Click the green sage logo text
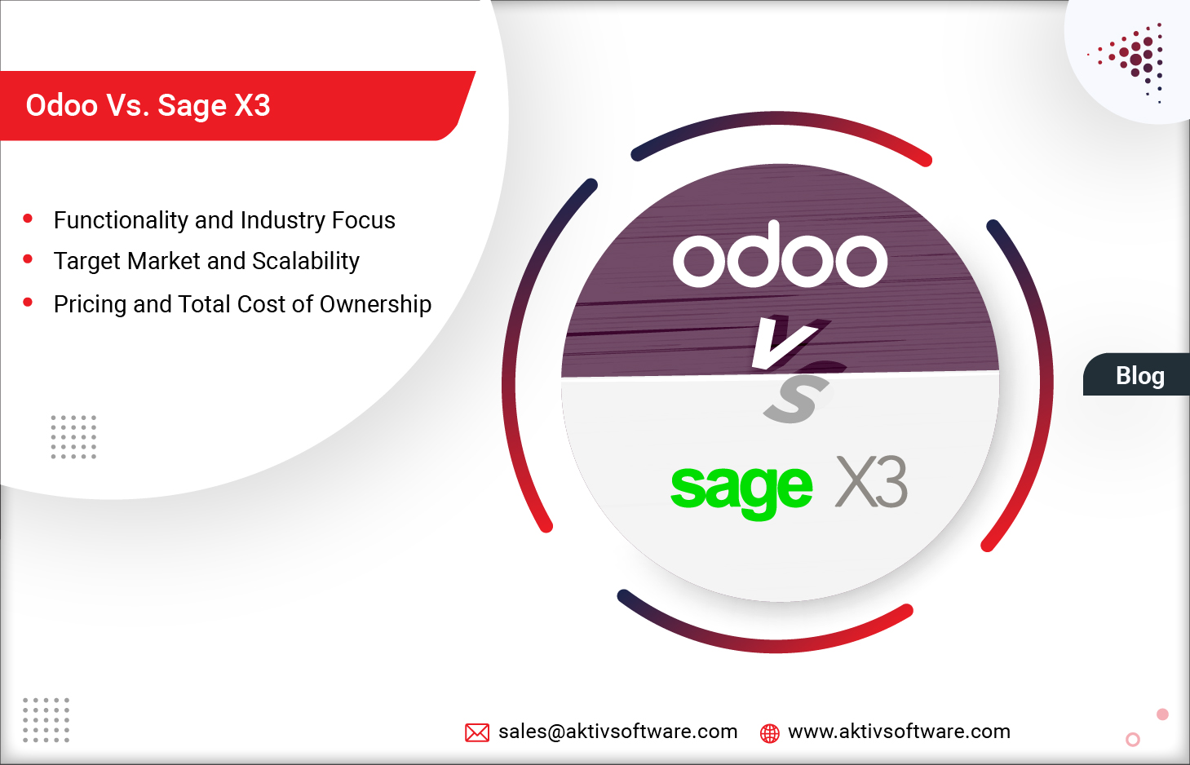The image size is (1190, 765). coord(741,487)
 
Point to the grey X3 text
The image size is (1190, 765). coord(871,482)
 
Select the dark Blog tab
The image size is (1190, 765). coord(1139,375)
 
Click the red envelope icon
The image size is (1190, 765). coord(477,732)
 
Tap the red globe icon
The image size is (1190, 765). coord(769,733)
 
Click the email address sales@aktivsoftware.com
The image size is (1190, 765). coord(617,732)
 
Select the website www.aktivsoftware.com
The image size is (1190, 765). coord(899,732)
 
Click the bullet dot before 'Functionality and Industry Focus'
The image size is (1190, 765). coord(28,219)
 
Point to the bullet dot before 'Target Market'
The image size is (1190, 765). coord(28,259)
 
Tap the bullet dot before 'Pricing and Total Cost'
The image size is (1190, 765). coord(28,303)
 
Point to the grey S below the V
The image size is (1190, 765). coord(795,399)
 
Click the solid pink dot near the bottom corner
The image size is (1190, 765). coord(1162,714)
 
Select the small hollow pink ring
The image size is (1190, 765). coord(1132,740)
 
